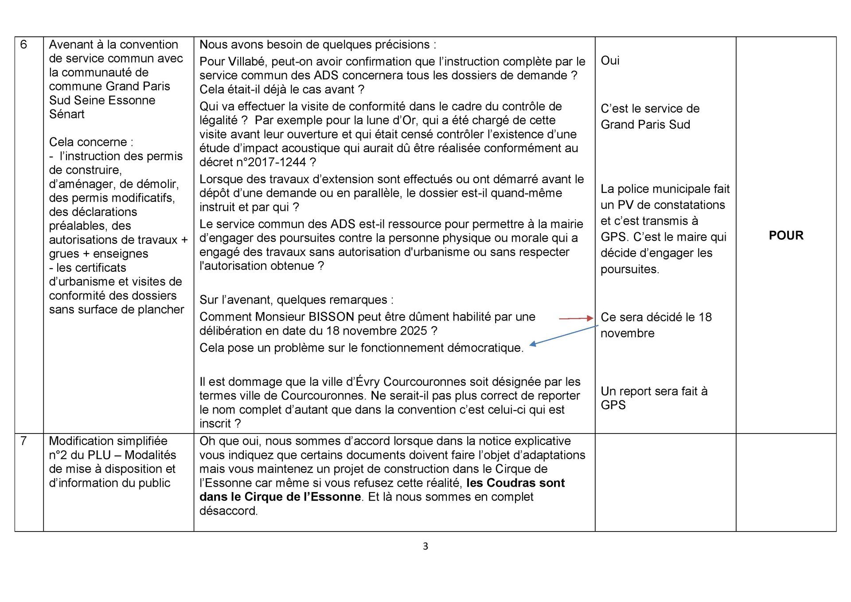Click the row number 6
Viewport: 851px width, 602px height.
24,45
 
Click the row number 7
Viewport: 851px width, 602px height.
24,441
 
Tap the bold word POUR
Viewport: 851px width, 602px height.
786,235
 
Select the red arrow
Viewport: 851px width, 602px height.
575,318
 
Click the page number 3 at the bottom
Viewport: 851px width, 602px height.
425,547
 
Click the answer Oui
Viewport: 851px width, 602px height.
610,61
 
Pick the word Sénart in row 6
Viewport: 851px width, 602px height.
67,114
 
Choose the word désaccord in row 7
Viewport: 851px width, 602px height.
228,511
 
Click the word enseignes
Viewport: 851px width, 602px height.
121,254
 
